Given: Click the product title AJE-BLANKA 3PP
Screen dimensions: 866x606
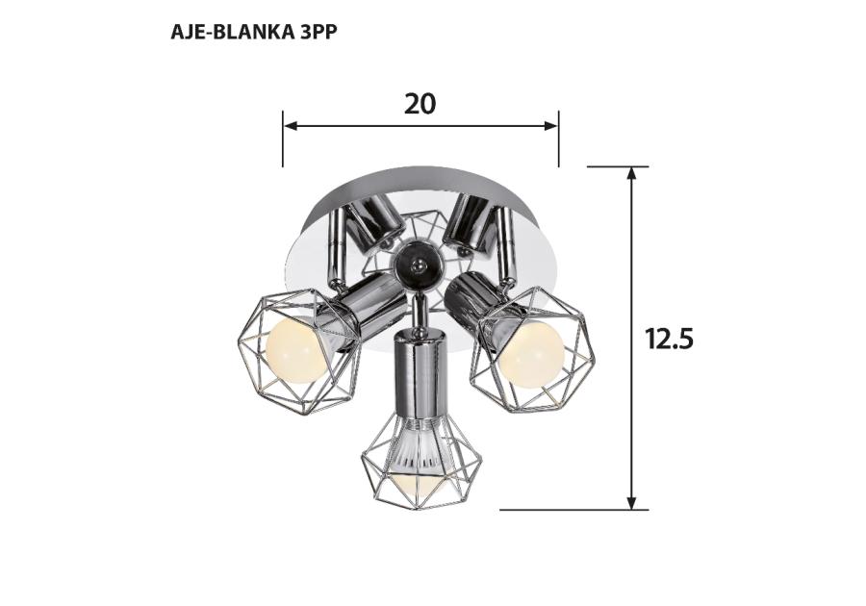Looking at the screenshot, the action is pos(253,33).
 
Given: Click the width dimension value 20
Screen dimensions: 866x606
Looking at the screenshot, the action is pos(420,104).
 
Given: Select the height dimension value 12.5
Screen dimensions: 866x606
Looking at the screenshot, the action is pos(669,339).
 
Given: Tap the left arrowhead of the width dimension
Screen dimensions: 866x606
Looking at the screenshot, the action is pos(291,126).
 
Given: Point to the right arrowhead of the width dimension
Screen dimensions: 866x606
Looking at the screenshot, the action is pos(550,126).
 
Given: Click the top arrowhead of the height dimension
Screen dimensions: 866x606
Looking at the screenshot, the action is pos(632,174).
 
